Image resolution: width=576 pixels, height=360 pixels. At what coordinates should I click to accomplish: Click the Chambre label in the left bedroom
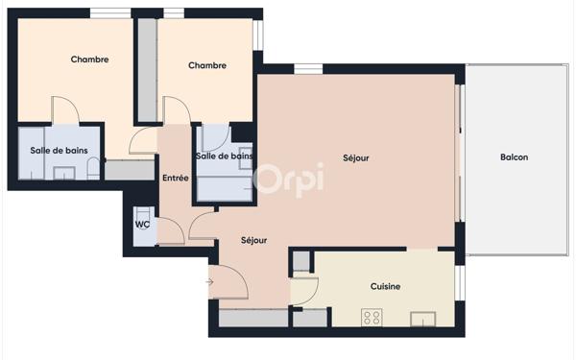(x=89, y=60)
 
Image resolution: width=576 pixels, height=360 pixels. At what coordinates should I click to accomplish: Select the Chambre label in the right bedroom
(x=206, y=65)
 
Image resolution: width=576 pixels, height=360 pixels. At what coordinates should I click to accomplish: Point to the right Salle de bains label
(x=224, y=156)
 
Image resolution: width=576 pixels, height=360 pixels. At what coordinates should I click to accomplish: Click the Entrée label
(x=175, y=178)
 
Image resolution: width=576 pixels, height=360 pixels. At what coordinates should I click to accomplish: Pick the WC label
(x=142, y=225)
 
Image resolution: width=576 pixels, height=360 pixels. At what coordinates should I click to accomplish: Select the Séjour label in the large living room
(x=356, y=157)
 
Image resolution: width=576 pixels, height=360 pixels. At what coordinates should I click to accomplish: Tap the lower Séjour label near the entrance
(x=253, y=240)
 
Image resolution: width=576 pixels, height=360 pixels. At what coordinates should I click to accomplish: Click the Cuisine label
(x=385, y=286)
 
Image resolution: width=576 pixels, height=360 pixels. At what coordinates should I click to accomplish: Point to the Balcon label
(x=514, y=157)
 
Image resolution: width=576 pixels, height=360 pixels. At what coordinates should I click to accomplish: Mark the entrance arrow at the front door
(x=209, y=281)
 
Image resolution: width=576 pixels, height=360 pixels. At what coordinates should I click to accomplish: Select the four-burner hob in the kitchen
(x=371, y=317)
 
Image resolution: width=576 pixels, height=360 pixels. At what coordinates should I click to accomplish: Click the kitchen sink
(x=423, y=318)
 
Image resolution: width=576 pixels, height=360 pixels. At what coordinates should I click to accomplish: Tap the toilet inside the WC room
(x=141, y=213)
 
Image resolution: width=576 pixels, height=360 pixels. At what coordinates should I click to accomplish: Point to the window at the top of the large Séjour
(x=307, y=68)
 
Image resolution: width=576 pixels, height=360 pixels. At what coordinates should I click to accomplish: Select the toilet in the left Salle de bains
(x=92, y=169)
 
